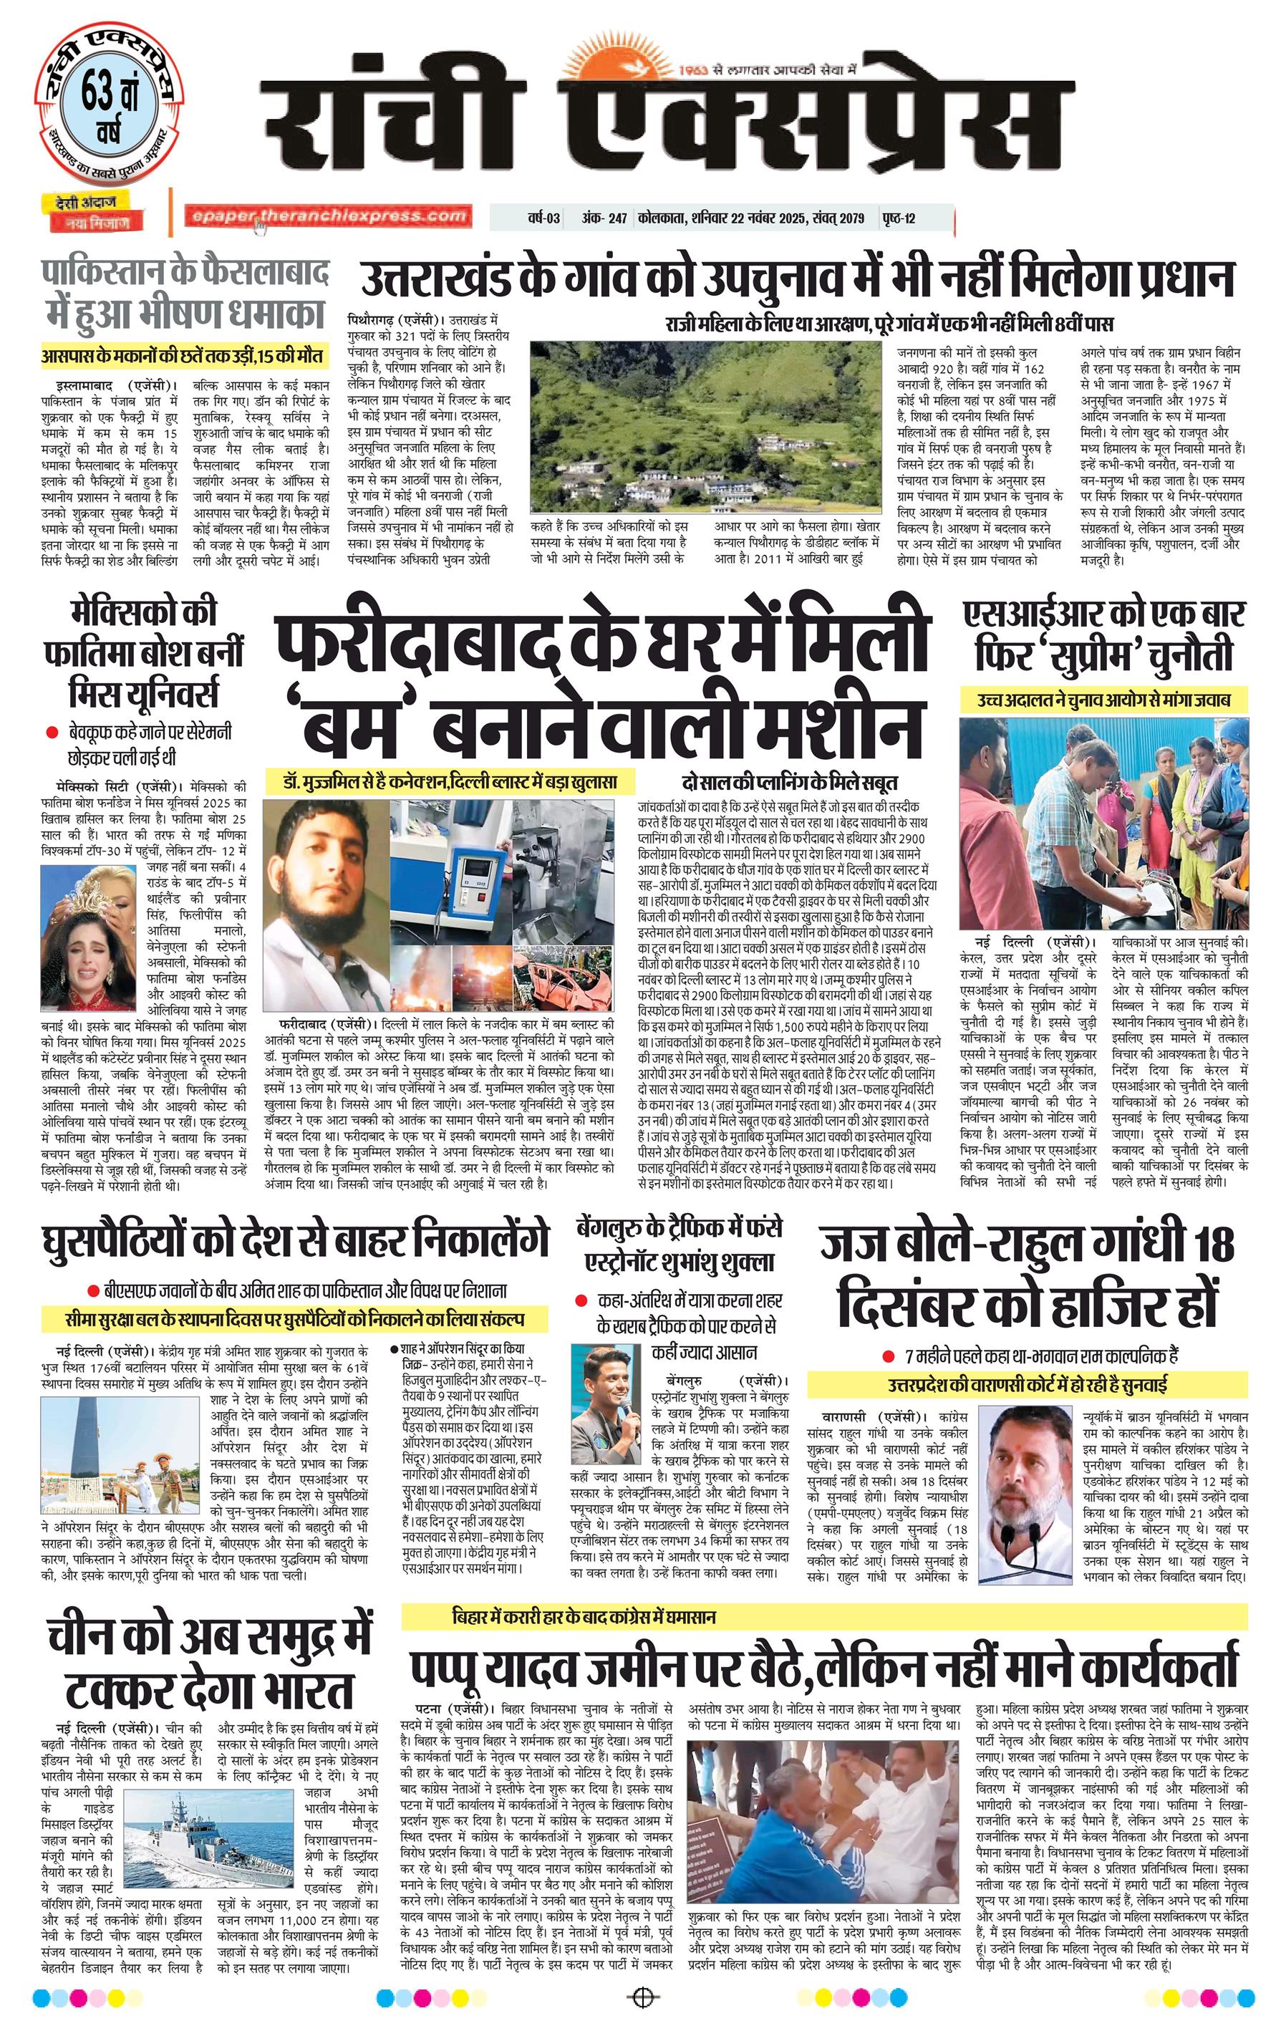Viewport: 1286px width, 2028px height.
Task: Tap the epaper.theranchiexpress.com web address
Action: click(328, 216)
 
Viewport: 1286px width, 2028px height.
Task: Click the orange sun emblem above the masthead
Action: click(622, 65)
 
